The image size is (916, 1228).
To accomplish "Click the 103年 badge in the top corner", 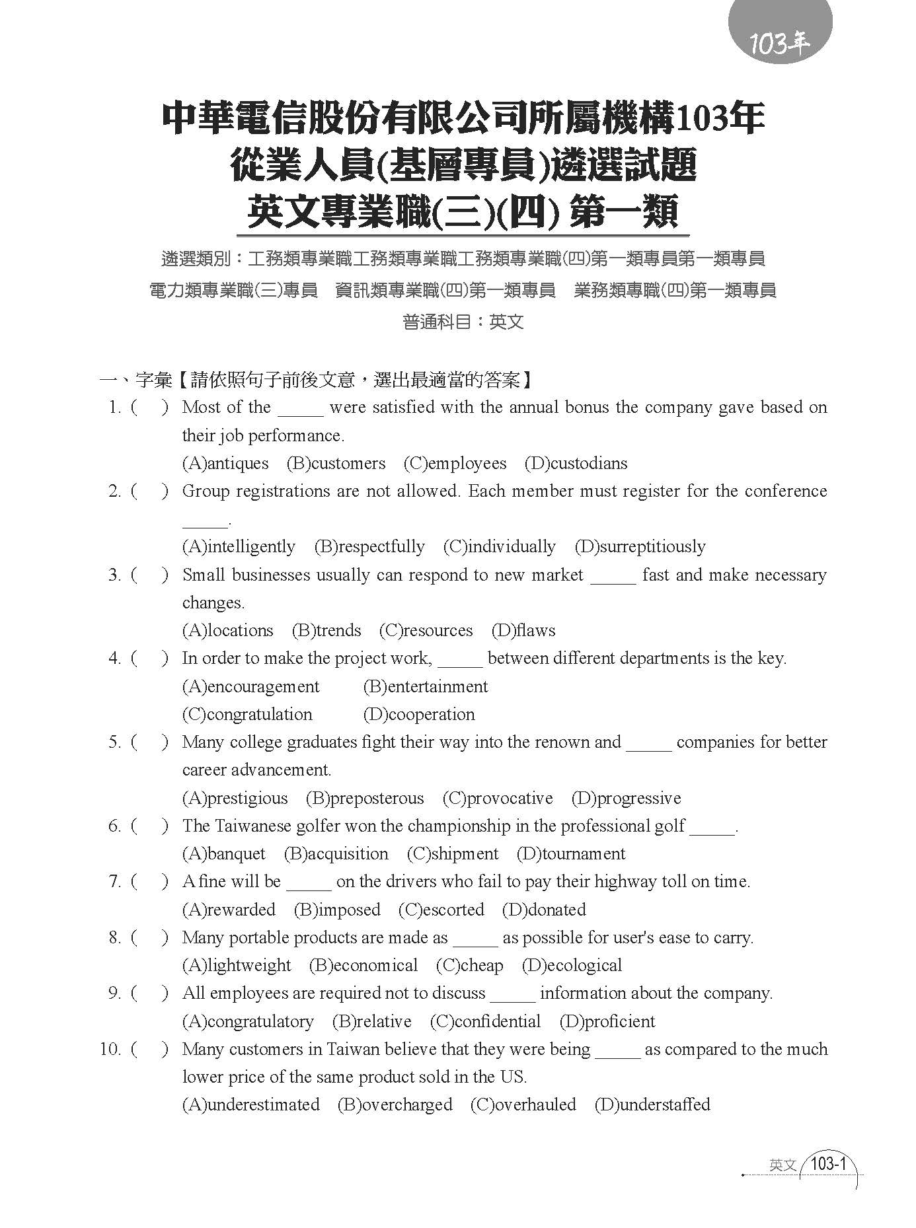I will point(779,44).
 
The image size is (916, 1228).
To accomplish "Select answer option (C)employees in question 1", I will point(455,464).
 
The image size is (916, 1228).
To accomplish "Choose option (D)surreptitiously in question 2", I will point(640,547).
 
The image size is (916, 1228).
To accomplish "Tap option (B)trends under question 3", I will point(326,631).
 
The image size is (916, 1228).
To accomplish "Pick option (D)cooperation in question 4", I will point(419,715).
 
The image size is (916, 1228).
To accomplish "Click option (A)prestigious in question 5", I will point(235,799).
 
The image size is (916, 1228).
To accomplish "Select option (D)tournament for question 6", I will point(570,854).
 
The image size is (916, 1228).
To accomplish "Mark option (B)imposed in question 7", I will point(337,910).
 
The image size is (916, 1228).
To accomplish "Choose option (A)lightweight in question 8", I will point(236,966).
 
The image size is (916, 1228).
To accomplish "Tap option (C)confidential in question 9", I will point(485,1022).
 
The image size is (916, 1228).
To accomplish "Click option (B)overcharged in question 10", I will point(395,1105).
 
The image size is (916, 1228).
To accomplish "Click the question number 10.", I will point(110,1050).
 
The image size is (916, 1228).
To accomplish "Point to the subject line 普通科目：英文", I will point(463,322).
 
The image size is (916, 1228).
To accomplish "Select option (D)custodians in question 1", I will point(576,464).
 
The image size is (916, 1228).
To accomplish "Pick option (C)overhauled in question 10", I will point(523,1105).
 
